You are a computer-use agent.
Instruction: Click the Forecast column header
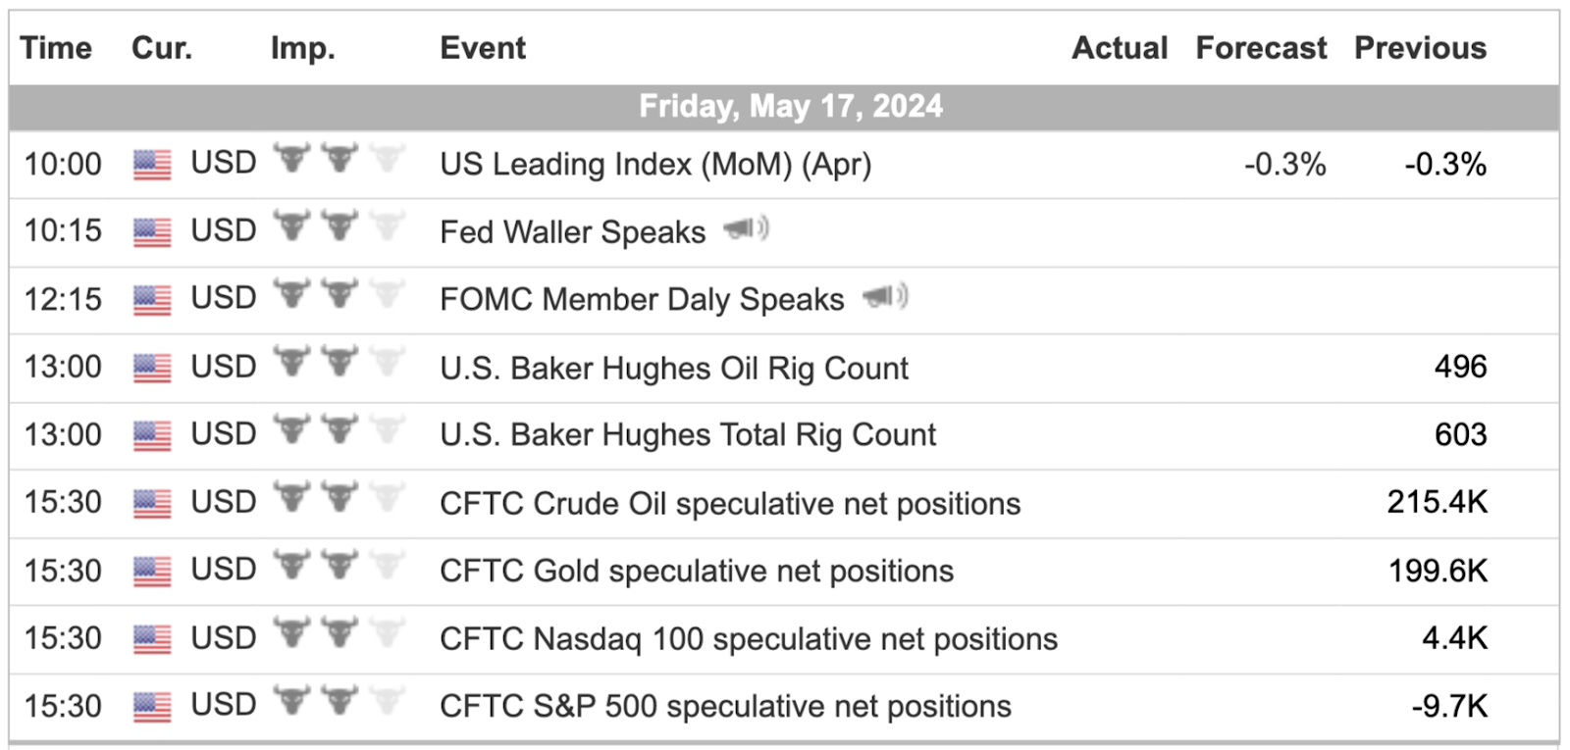1261,48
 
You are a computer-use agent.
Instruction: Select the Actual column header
1120,48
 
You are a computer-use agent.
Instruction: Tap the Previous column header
1420,48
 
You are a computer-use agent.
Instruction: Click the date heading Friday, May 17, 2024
791,107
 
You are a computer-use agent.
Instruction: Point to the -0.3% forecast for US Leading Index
1284,165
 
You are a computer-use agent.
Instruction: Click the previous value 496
1461,367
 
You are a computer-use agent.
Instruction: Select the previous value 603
1461,435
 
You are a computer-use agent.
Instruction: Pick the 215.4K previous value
1437,502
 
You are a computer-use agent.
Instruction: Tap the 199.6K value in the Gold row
1438,571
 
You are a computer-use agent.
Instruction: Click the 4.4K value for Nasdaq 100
1454,638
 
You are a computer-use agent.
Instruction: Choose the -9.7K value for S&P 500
1449,706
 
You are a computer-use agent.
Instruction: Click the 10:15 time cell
63,231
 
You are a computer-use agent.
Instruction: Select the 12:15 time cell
63,299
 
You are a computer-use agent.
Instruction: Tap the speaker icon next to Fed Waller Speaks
747,228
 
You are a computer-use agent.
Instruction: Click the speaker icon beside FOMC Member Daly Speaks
885,296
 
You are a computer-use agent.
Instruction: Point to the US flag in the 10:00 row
152,166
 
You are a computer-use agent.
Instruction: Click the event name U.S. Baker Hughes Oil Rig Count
673,369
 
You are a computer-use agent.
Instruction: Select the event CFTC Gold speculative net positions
697,572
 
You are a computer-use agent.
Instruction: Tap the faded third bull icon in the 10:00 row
387,158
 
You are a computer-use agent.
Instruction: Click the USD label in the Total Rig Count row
224,434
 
